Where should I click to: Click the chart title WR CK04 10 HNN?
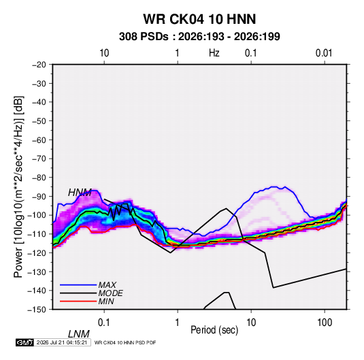[x=199, y=19]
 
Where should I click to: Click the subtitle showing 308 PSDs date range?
[x=199, y=37]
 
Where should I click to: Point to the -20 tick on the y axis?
[x=39, y=65]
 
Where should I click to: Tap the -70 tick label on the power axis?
[x=39, y=159]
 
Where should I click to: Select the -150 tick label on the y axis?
[x=37, y=310]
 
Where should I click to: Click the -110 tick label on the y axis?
[x=37, y=234]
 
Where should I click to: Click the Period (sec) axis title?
[x=214, y=330]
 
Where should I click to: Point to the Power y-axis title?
[x=18, y=187]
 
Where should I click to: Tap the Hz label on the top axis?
[x=214, y=53]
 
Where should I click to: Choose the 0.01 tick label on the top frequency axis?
[x=324, y=53]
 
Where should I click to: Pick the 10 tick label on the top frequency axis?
[x=104, y=53]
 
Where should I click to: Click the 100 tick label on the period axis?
[x=325, y=323]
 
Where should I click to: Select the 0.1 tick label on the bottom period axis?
[x=104, y=323]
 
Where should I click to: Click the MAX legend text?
[x=107, y=285]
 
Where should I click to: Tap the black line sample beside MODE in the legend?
[x=78, y=293]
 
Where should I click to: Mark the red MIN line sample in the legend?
[x=78, y=301]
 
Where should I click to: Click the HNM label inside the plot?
[x=80, y=193]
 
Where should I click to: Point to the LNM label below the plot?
[x=79, y=334]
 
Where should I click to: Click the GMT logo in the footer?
[x=25, y=342]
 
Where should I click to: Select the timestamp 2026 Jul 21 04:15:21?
[x=62, y=342]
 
